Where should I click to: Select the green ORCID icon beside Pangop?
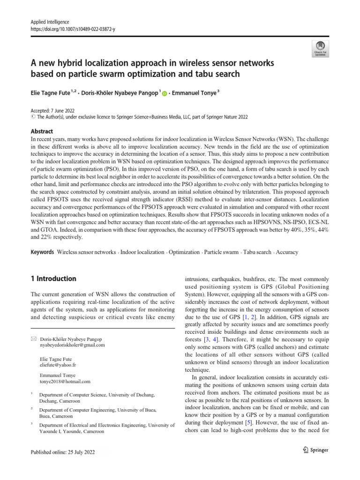click(165, 93)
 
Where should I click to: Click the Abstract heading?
click(42, 131)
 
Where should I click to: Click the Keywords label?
click(42, 252)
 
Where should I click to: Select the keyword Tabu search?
click(257, 252)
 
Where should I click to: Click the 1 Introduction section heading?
click(53, 278)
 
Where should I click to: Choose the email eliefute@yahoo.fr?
click(59, 364)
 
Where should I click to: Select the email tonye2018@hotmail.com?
click(66, 382)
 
